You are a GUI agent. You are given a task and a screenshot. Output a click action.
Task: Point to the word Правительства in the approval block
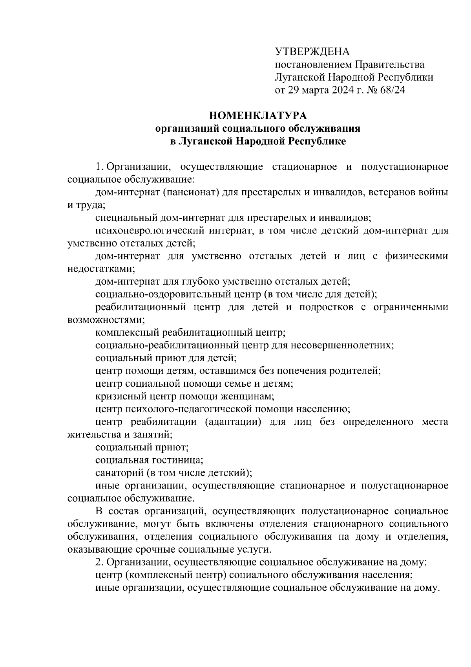click(x=390, y=64)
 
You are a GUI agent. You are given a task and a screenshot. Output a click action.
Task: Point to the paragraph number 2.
click(x=98, y=562)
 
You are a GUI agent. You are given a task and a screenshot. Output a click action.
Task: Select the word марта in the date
click(x=313, y=90)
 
